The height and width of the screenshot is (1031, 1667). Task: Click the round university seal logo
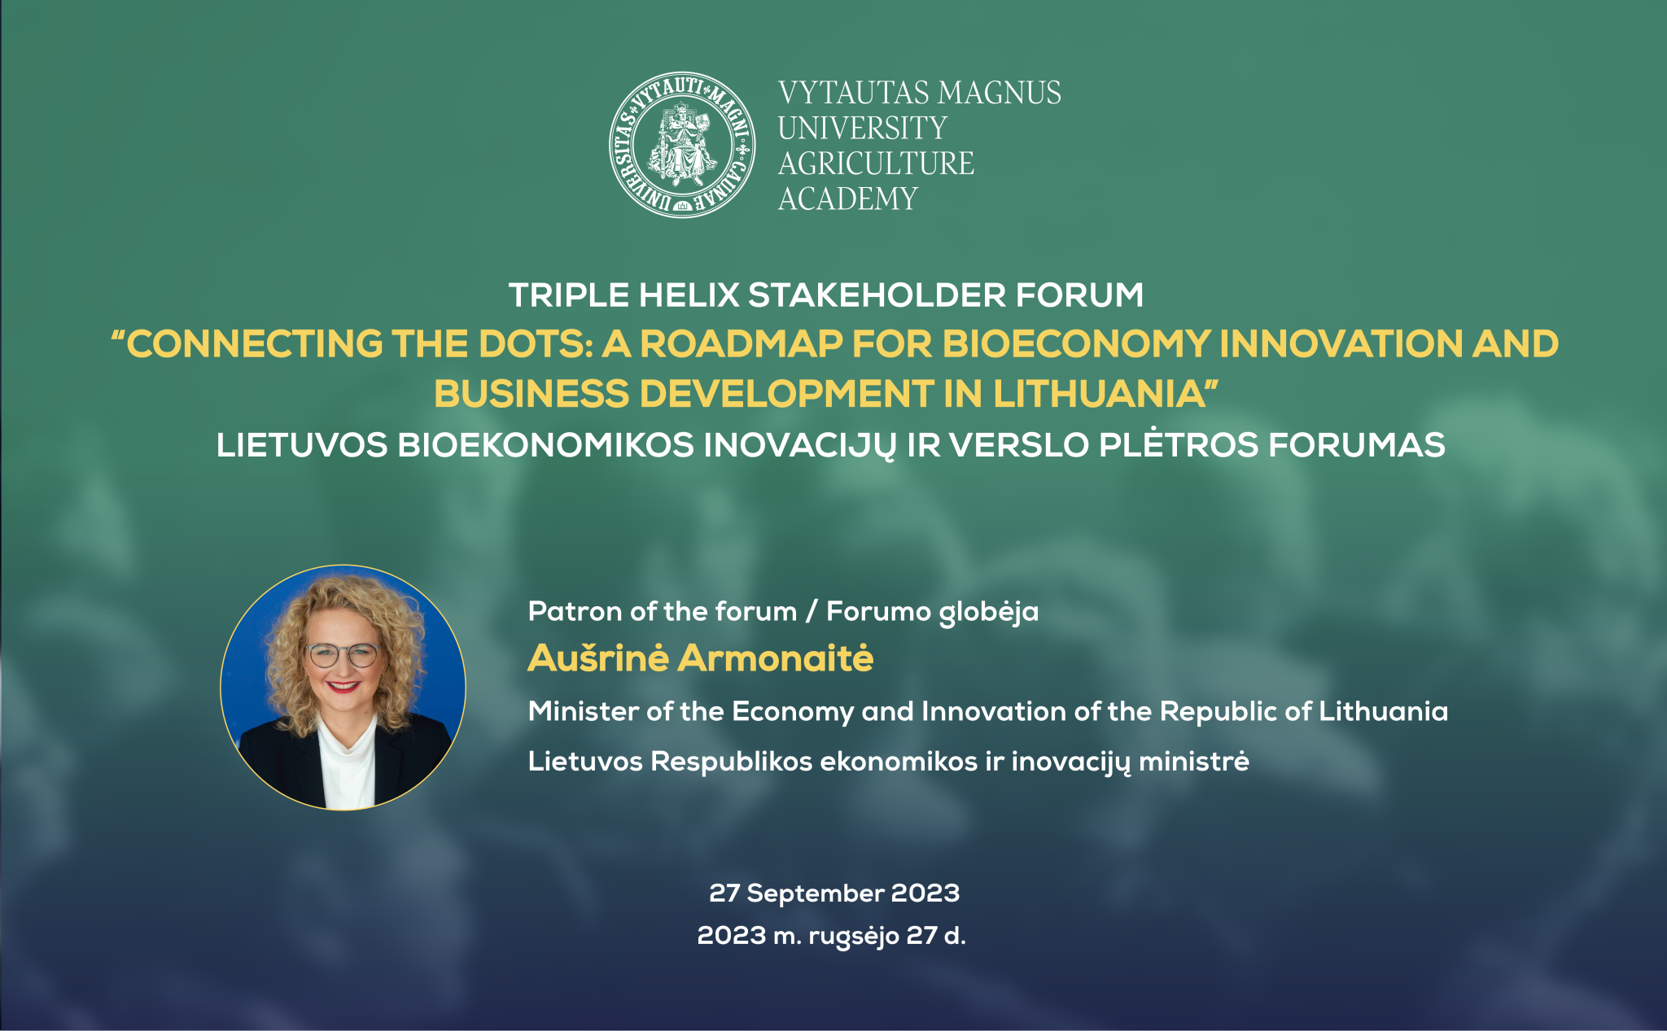(x=682, y=145)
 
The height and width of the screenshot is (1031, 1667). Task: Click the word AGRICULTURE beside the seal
(x=876, y=164)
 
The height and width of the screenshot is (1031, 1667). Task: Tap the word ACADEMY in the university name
(x=848, y=199)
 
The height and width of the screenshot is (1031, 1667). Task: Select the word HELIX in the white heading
(x=689, y=295)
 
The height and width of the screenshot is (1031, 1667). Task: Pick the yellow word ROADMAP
(x=741, y=344)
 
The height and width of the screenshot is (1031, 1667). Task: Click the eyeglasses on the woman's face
(x=343, y=654)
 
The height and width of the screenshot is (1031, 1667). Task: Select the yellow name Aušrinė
(x=598, y=658)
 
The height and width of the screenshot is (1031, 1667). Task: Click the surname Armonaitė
(x=776, y=658)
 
